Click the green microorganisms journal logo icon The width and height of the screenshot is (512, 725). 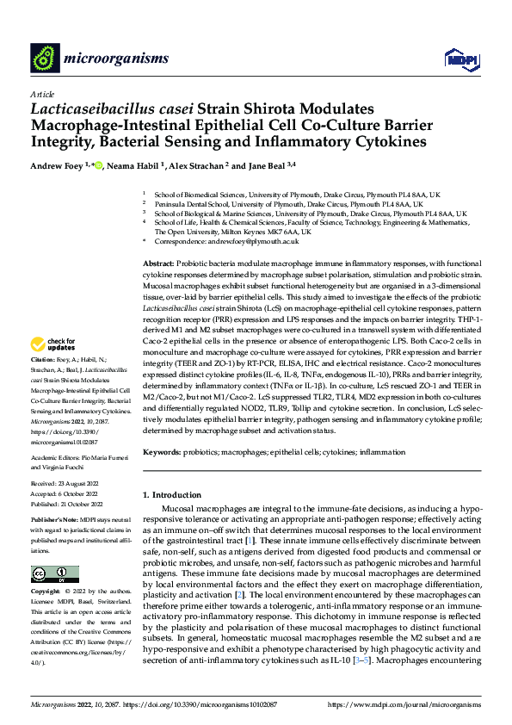[44, 58]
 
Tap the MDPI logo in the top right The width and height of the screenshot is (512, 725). [457, 59]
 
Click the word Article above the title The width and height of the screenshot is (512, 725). [41, 94]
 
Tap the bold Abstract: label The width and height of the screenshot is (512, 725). [160, 263]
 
